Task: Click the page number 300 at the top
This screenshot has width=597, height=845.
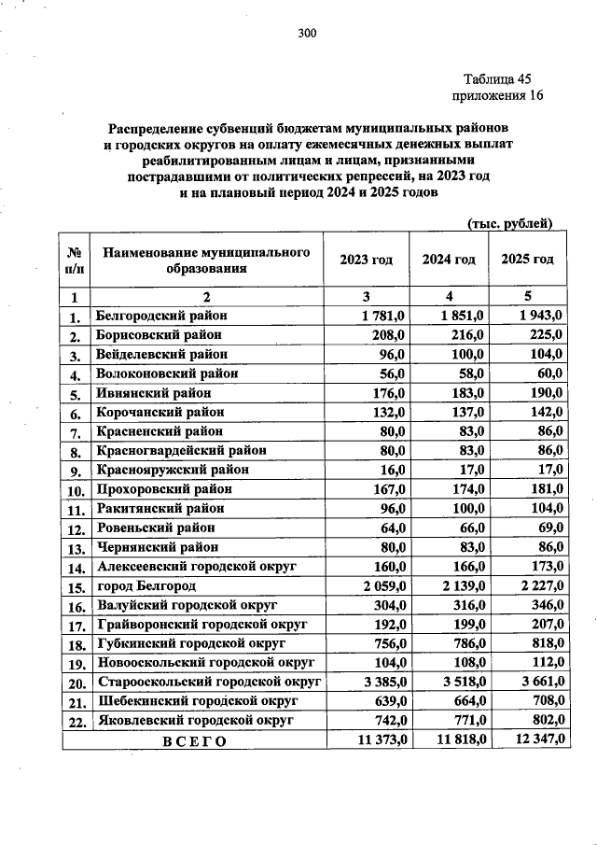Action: click(x=308, y=35)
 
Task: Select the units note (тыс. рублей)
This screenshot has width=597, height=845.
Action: click(x=509, y=222)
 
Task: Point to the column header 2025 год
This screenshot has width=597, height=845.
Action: click(x=527, y=259)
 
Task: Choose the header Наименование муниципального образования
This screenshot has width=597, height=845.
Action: click(x=206, y=260)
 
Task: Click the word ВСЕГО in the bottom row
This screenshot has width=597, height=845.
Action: click(x=195, y=740)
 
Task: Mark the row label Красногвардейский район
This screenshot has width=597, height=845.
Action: click(x=181, y=450)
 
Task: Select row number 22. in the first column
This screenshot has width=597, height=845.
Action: click(x=76, y=722)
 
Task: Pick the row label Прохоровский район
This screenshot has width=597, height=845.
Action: click(x=164, y=489)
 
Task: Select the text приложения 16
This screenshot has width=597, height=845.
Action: click(x=497, y=95)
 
